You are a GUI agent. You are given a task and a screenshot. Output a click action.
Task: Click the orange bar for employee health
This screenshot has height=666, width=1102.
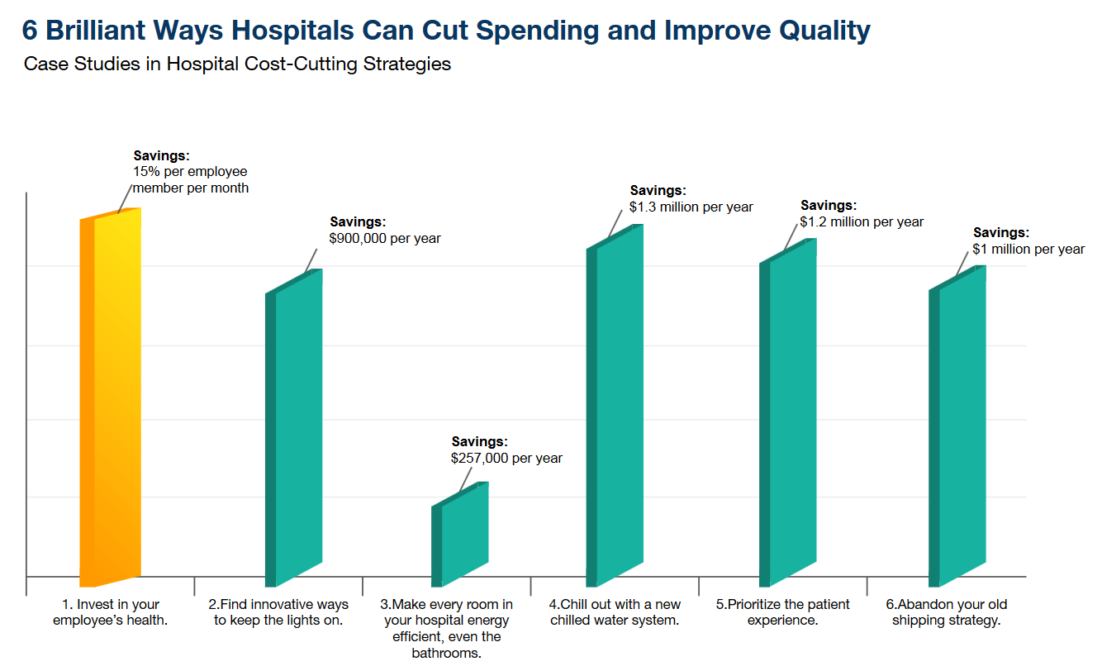[112, 397]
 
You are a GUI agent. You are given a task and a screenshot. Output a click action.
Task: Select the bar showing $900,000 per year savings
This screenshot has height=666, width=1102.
[296, 430]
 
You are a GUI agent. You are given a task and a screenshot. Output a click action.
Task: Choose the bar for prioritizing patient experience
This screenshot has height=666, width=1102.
[790, 413]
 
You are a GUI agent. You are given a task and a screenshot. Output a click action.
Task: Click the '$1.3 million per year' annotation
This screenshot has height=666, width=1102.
[691, 207]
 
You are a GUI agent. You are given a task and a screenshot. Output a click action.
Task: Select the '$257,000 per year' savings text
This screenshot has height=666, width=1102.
[506, 458]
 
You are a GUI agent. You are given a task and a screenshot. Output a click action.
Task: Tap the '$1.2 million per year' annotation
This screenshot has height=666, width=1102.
[862, 221]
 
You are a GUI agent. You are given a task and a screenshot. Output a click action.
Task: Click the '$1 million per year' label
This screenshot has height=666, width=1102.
[1028, 249]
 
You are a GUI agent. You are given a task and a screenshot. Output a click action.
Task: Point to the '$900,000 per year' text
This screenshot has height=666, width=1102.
[385, 238]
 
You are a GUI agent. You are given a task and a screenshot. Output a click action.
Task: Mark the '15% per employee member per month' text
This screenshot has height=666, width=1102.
[191, 180]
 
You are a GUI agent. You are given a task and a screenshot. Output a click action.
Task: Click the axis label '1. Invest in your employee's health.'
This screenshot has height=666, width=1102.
[111, 612]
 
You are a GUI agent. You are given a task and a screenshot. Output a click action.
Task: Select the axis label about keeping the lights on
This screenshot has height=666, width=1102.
[278, 612]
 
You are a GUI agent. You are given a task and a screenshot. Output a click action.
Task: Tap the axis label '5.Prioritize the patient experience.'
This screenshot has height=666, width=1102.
[782, 612]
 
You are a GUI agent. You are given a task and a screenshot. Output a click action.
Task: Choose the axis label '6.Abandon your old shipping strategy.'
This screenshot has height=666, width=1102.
[947, 612]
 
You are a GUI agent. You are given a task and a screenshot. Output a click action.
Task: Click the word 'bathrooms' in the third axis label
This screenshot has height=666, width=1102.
[446, 653]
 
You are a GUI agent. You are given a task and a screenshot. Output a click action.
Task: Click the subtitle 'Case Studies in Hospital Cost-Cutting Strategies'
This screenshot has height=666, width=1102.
[238, 64]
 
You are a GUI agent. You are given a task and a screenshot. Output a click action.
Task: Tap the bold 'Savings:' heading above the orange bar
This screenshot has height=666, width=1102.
[161, 155]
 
